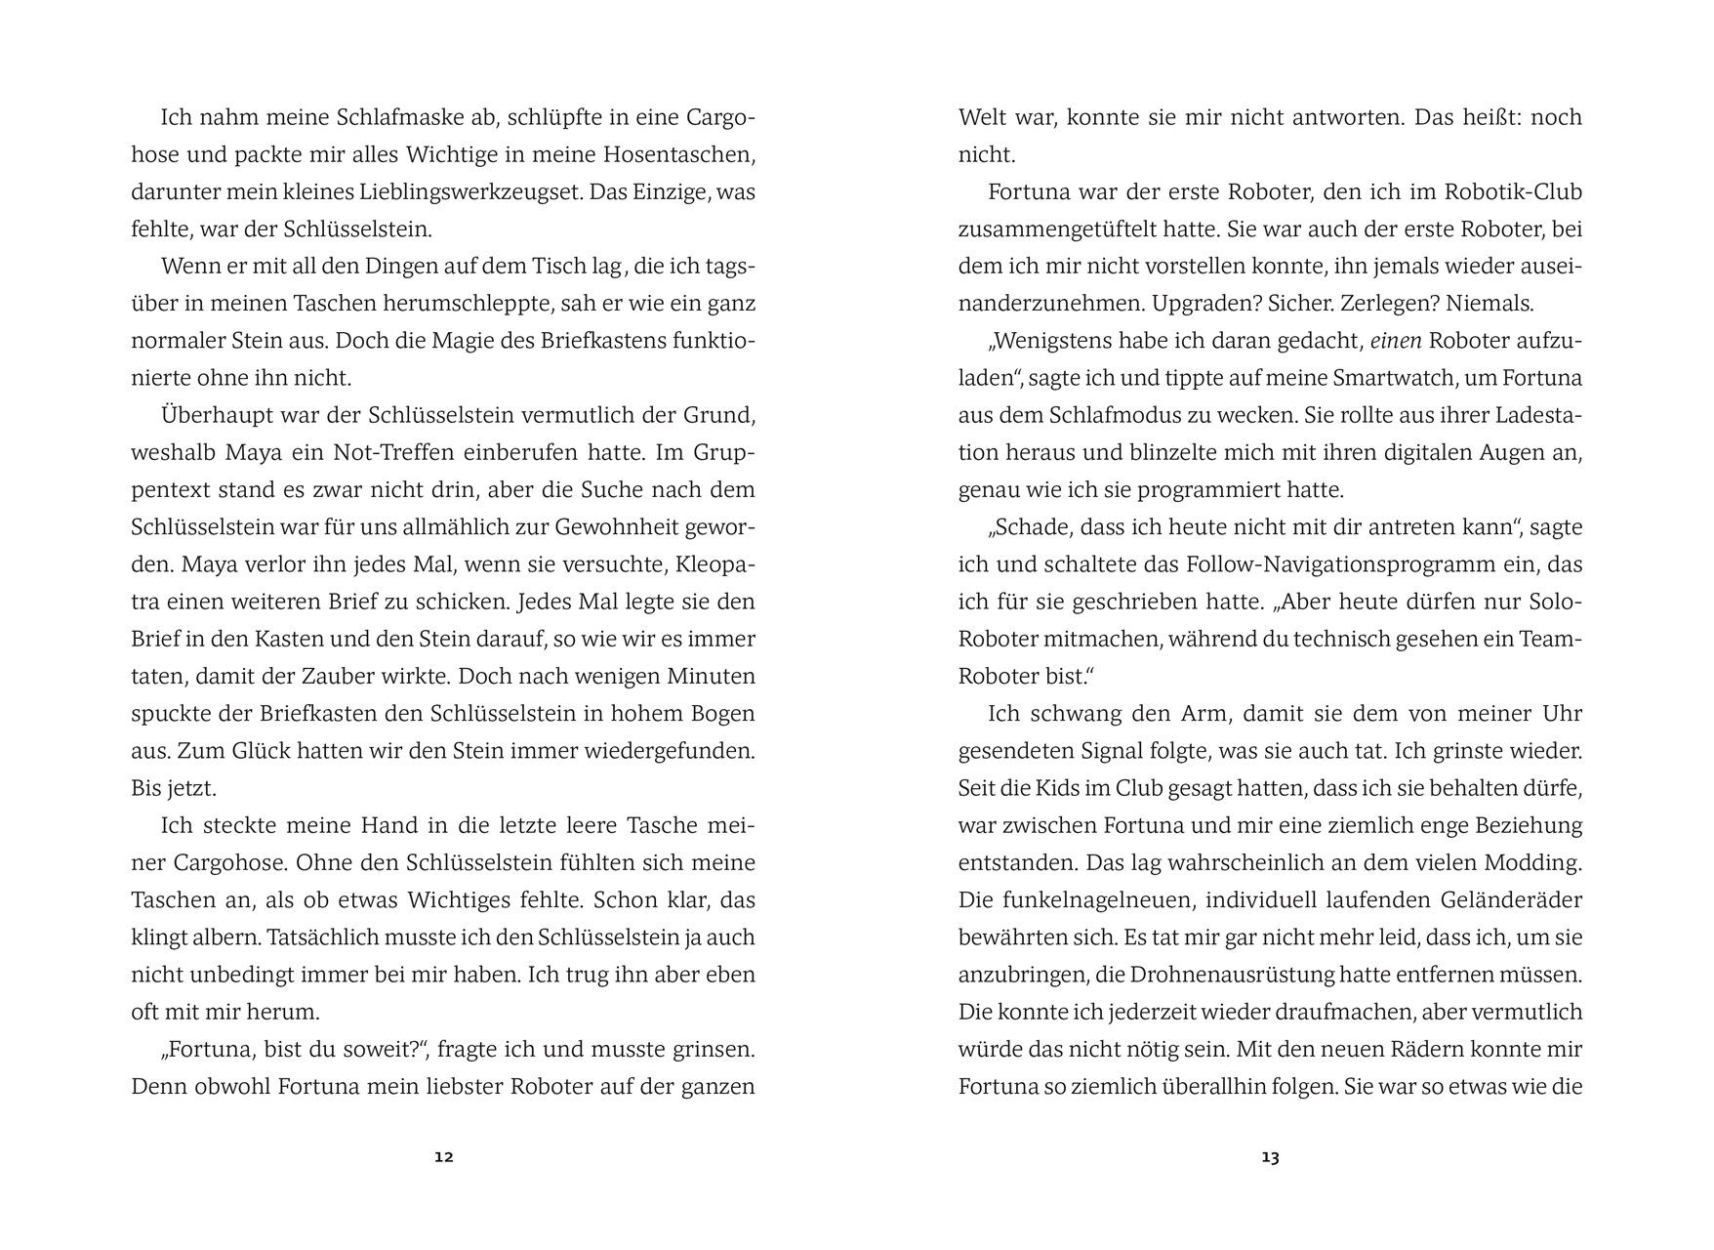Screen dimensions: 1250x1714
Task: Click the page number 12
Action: [444, 1157]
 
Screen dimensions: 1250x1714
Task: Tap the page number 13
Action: [1270, 1157]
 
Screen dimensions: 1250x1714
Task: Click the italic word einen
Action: [1396, 342]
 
